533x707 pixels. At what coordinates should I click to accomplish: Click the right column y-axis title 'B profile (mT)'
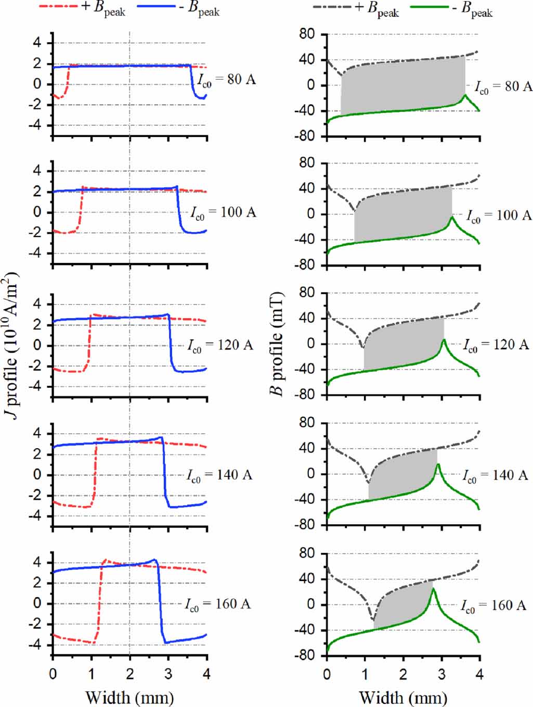[x=278, y=344]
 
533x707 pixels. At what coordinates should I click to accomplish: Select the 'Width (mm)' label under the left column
[x=129, y=697]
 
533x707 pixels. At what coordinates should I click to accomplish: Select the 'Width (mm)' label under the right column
[x=403, y=697]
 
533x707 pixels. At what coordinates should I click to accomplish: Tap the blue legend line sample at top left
[x=156, y=7]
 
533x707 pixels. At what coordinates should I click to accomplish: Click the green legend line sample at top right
[x=429, y=7]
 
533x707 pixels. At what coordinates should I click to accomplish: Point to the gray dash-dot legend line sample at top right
[x=332, y=7]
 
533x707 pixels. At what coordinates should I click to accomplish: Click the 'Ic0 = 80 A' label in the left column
[x=227, y=80]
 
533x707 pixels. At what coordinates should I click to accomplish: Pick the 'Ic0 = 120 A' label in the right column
[x=496, y=345]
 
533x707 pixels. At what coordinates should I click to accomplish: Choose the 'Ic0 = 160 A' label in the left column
[x=218, y=604]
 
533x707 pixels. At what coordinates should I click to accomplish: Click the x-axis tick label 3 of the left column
[x=168, y=674]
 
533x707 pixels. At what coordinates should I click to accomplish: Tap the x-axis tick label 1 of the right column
[x=365, y=674]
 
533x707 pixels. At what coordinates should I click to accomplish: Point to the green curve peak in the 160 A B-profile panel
[x=433, y=588]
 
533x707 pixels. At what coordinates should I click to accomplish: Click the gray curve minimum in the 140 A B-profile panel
[x=369, y=482]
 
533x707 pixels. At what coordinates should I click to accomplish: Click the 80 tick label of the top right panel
[x=307, y=34]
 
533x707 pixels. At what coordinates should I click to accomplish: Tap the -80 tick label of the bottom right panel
[x=305, y=655]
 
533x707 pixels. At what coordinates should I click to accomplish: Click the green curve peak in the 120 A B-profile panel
[x=444, y=340]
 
